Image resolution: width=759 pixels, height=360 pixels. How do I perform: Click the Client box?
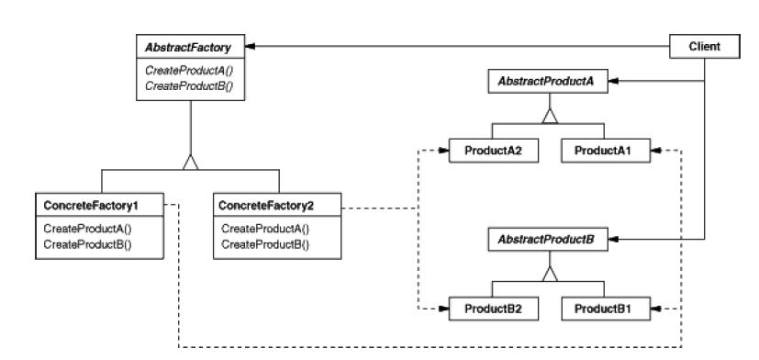(x=703, y=44)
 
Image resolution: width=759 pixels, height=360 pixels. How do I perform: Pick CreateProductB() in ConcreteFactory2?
(x=265, y=243)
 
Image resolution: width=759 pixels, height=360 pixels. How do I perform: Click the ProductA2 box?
(x=487, y=149)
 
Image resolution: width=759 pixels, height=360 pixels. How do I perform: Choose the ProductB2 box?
(x=487, y=307)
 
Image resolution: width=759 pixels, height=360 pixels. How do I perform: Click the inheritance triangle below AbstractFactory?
(x=190, y=162)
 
